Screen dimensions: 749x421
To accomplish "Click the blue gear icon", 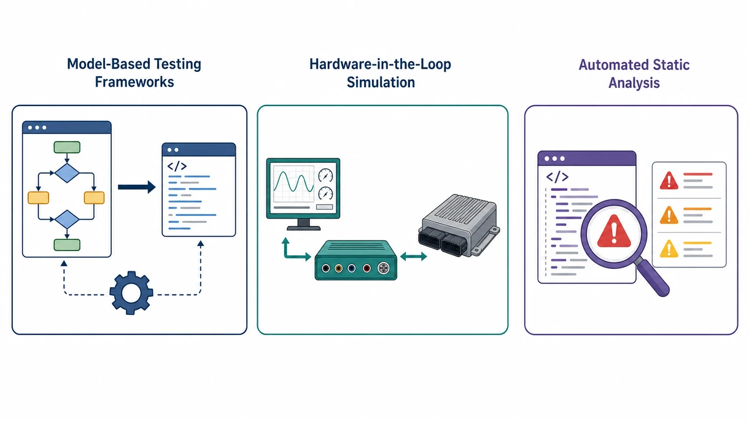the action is click(x=131, y=293).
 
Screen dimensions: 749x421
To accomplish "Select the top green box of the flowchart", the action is click(x=67, y=147).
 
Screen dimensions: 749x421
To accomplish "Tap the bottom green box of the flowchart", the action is click(x=67, y=245).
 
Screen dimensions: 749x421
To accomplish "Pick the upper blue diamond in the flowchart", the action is click(x=67, y=173).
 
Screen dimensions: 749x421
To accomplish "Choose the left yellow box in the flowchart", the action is click(x=39, y=198).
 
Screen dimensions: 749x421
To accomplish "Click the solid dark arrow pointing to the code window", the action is click(x=137, y=187).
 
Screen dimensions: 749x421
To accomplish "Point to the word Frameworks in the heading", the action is click(x=134, y=82).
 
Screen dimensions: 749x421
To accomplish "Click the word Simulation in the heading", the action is click(x=381, y=82).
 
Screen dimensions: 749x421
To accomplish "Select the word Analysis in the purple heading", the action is click(x=634, y=83).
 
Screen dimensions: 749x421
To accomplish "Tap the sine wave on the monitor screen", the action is click(x=293, y=182).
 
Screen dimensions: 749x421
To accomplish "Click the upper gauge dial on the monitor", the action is click(x=325, y=176).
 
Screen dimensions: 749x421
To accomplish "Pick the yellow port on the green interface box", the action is click(x=339, y=268).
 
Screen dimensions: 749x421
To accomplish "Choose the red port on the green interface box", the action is click(x=367, y=268).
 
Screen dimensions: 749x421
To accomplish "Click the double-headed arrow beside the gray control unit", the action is click(x=413, y=257).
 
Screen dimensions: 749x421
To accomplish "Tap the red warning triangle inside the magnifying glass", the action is click(x=614, y=231).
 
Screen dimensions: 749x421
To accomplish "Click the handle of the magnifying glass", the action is click(x=653, y=279).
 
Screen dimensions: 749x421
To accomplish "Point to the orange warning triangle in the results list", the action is click(x=669, y=215).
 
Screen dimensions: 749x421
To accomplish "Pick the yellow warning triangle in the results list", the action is click(x=669, y=249).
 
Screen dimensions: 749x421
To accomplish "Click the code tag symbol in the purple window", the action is click(x=557, y=177).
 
